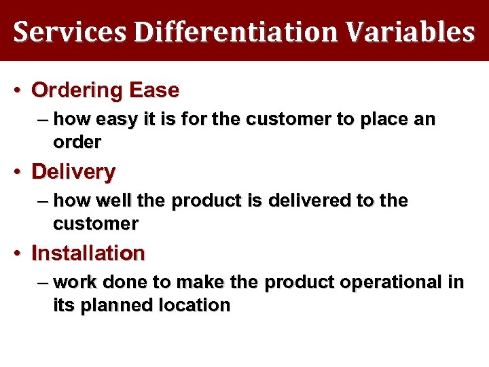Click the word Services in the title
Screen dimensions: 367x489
(x=69, y=32)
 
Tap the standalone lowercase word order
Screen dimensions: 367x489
(x=77, y=142)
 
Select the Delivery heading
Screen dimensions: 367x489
(x=73, y=172)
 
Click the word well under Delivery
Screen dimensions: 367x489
(x=117, y=201)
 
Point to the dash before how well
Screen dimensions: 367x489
(x=43, y=201)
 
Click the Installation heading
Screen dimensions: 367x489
(x=88, y=254)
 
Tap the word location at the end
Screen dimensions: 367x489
(x=196, y=305)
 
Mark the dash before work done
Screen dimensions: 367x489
(x=43, y=283)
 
